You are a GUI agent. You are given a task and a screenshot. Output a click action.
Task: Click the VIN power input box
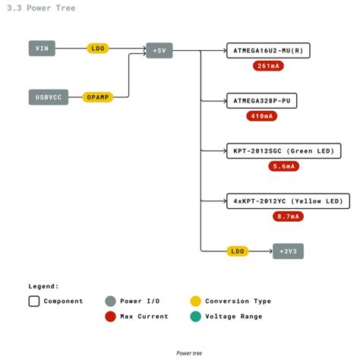click(43, 49)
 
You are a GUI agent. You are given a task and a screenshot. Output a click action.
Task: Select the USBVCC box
click(49, 97)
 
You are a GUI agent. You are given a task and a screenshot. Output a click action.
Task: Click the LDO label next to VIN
click(98, 49)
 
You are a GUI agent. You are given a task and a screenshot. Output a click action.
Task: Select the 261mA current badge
click(268, 66)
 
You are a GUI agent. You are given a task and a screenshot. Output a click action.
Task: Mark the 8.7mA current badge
click(289, 217)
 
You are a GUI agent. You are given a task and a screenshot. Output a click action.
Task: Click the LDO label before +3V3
click(238, 251)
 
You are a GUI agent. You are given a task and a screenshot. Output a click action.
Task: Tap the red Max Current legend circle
click(112, 316)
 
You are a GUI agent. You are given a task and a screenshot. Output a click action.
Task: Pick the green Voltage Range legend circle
click(196, 316)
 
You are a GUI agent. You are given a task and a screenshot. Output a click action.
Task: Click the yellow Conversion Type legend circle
click(196, 301)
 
